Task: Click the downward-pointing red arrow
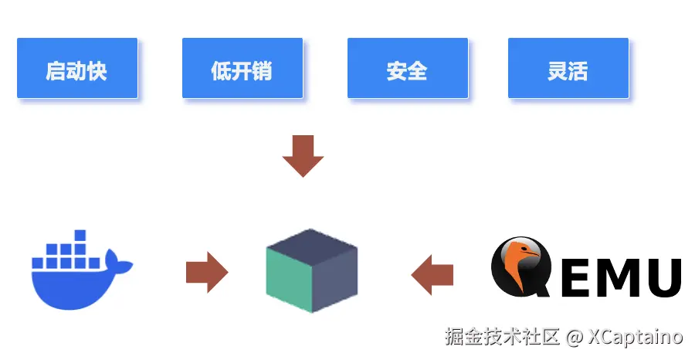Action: [x=303, y=155]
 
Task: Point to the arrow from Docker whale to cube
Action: [x=207, y=272]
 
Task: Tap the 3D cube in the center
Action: [x=311, y=270]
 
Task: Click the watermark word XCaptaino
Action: [x=635, y=338]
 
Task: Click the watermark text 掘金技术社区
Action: [x=501, y=338]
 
